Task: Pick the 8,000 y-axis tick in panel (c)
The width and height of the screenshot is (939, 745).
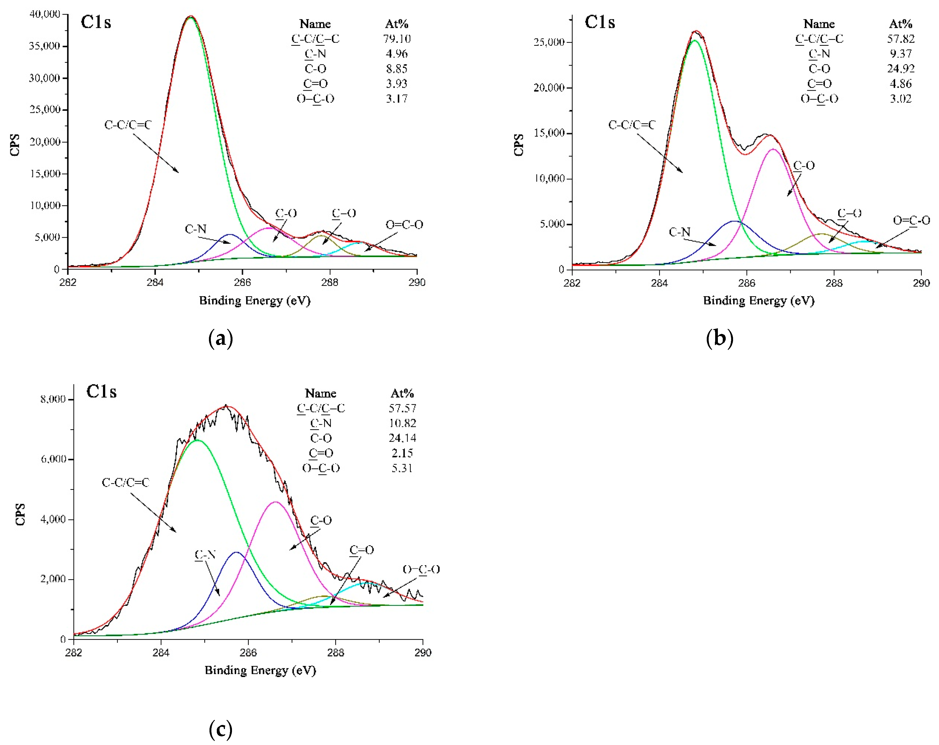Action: [53, 399]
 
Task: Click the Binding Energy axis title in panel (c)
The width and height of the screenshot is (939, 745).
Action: [260, 670]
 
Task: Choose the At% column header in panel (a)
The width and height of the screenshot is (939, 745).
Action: [396, 24]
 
